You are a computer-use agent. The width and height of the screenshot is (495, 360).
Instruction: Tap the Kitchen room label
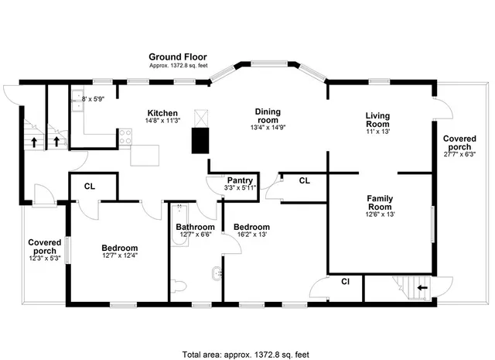coord(162,113)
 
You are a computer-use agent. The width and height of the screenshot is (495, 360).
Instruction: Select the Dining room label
coord(268,116)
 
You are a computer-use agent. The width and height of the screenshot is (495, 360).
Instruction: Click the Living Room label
coord(377,120)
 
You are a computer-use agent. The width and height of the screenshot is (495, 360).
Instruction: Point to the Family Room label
coord(379,203)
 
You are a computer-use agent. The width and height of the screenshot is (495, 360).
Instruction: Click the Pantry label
coord(241,180)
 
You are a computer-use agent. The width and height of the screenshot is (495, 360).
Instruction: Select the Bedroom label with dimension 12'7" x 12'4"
coord(119,249)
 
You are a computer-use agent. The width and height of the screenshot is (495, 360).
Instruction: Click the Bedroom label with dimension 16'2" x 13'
coord(251,228)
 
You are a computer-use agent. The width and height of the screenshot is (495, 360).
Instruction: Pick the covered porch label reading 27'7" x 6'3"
coord(459,143)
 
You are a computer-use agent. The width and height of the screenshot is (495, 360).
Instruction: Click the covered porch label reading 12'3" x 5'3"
coord(45,247)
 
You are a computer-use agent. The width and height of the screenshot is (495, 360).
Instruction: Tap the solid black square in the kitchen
coord(202,140)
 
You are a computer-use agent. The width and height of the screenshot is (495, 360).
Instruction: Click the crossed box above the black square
coord(202,117)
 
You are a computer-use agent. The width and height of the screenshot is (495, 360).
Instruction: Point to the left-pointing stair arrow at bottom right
coord(422,287)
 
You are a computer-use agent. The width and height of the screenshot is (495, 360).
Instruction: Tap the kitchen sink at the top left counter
coord(79,98)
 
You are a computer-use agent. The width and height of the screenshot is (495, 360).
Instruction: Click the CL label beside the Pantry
coord(304,180)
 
